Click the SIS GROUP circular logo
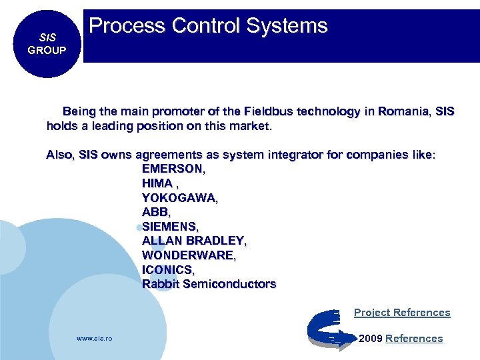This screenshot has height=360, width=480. click(47, 45)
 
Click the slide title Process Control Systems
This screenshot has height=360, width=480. click(208, 26)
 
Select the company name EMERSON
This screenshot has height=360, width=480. click(173, 169)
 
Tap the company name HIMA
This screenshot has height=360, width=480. click(157, 183)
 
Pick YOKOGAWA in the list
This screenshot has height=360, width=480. click(179, 198)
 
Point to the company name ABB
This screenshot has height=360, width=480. click(155, 212)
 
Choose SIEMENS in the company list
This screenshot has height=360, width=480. click(169, 227)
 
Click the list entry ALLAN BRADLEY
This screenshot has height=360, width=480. click(193, 241)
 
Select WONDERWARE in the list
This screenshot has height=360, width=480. click(188, 255)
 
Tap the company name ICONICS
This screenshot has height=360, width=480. click(167, 269)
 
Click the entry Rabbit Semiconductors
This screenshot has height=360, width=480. click(209, 284)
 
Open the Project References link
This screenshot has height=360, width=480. click(402, 313)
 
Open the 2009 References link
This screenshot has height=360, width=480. click(413, 339)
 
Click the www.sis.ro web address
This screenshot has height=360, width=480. click(95, 339)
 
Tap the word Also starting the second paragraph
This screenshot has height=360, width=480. click(60, 155)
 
